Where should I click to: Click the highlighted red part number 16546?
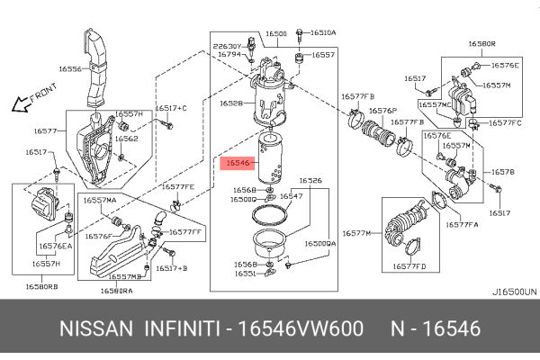coord(238,163)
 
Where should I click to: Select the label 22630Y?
coord(226,45)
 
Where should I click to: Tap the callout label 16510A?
coord(322,32)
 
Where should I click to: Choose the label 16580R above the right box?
coord(481,43)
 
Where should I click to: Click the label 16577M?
coord(358,233)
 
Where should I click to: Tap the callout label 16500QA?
coord(319,244)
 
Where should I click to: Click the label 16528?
coord(232,103)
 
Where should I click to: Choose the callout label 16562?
coord(126,139)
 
